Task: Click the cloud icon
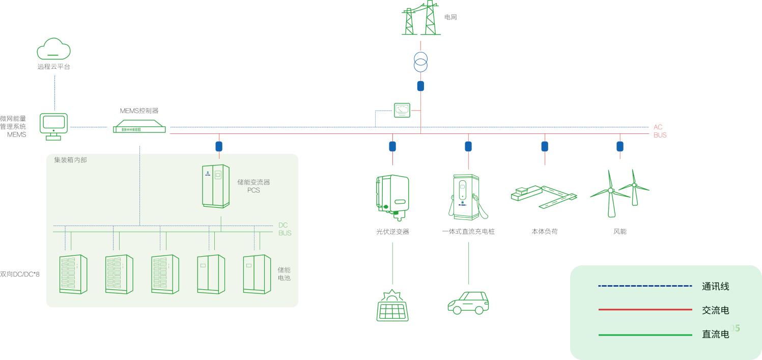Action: [53, 49]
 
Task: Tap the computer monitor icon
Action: [53, 126]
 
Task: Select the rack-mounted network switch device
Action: [139, 126]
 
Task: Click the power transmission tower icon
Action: [420, 18]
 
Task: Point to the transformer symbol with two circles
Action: [420, 62]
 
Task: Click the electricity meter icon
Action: [402, 110]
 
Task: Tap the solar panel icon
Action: [392, 306]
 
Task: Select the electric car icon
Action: [468, 302]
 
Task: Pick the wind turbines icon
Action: [620, 192]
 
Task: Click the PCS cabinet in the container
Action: [216, 186]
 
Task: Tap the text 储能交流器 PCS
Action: [253, 186]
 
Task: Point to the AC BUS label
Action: [660, 131]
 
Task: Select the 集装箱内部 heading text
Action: [70, 160]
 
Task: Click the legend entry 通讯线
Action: [715, 287]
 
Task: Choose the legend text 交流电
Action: [715, 310]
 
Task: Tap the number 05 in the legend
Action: [735, 328]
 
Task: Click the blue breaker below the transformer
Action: [420, 86]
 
